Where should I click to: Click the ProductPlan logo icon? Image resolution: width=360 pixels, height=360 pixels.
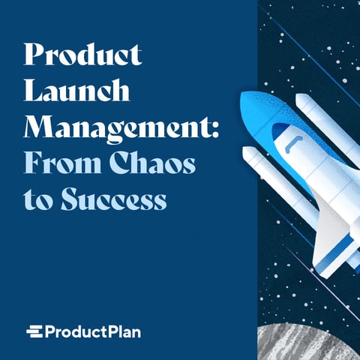pos(34,331)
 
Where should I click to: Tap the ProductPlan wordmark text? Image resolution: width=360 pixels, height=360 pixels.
pos(92,331)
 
